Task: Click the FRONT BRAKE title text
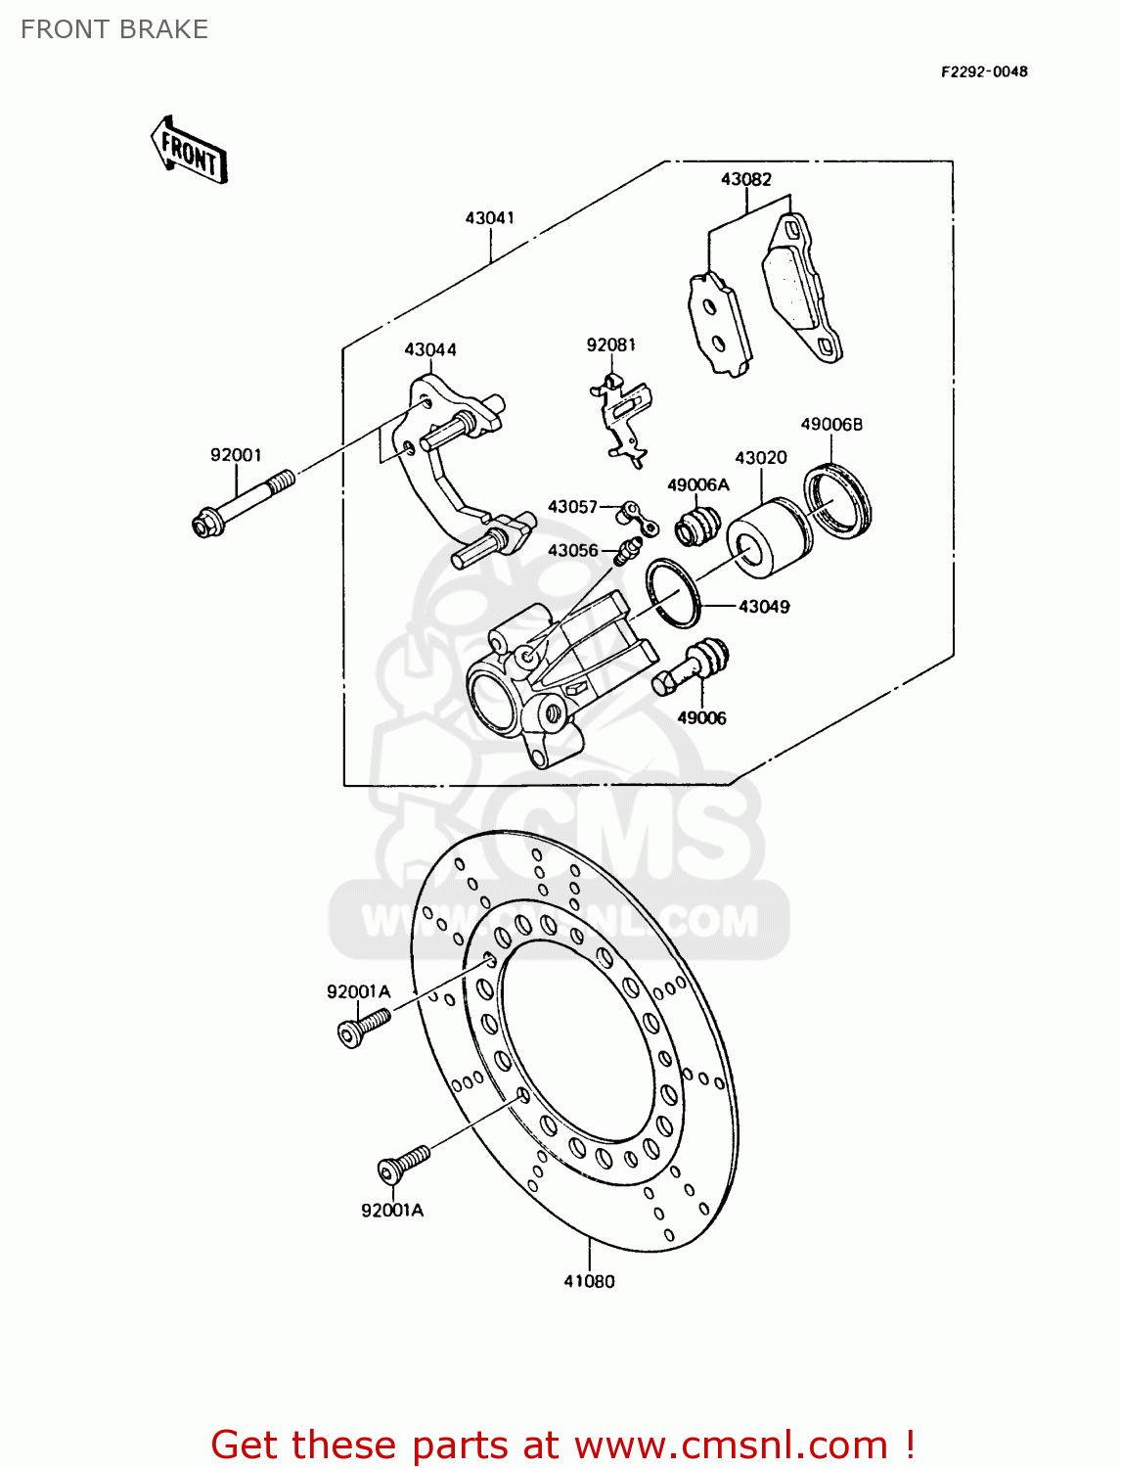(x=114, y=29)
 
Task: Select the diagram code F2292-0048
(x=984, y=71)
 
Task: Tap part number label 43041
(x=489, y=217)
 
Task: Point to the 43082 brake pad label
(x=745, y=179)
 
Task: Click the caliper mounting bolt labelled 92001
(x=243, y=504)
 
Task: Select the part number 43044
(x=430, y=349)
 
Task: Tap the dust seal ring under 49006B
(x=838, y=502)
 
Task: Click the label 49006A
(x=697, y=484)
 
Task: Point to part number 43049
(x=764, y=607)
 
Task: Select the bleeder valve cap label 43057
(x=572, y=506)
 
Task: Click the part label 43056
(x=572, y=550)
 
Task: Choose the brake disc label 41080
(x=589, y=1281)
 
